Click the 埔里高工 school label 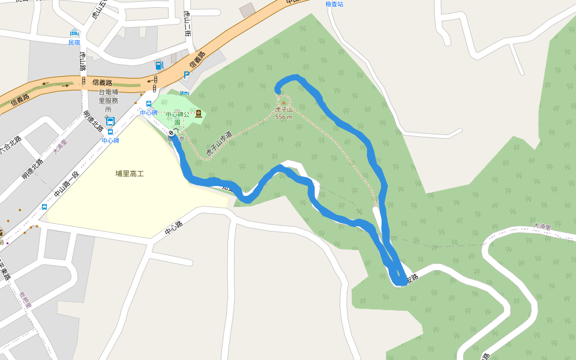coord(130,174)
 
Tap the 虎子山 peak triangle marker coord(284,103)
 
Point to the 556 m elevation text coord(284,116)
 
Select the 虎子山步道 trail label coord(218,144)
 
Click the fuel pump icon coord(158,65)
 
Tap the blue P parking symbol coord(186,76)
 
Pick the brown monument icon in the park coord(199,113)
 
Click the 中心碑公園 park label coord(178,118)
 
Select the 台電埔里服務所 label coord(108,101)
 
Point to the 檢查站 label coord(334,4)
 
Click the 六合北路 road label coord(10,144)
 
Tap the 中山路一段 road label coord(67,185)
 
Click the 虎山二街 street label coord(187,25)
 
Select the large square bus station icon coord(110,121)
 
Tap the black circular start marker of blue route coord(172,133)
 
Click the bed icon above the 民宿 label coord(74,33)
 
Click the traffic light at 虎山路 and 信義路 coord(83,81)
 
